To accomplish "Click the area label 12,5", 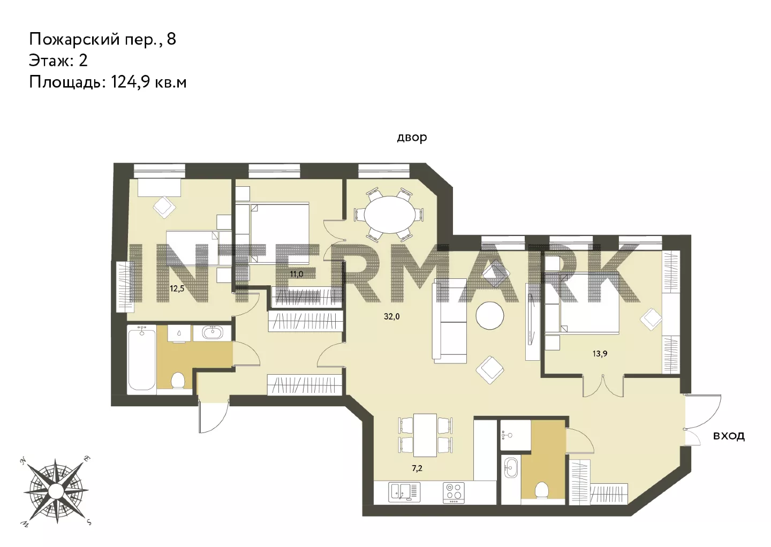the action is coord(177,288).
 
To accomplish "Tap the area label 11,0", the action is coord(297,274).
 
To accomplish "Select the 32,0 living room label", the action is coord(392,316).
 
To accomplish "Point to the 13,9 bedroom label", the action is coord(600,353).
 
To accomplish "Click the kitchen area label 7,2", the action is coord(417,468).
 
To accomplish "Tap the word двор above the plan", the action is coord(412,137).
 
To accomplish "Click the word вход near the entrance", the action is coord(729,436).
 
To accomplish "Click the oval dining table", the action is coord(390,215).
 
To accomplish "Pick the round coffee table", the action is coord(490,315).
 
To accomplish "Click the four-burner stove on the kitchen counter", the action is coord(453,493).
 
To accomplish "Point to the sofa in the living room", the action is coord(450,321).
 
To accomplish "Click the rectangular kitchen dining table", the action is coord(425,435).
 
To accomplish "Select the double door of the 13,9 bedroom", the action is coord(603,386).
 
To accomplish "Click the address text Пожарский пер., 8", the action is coord(103,40).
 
